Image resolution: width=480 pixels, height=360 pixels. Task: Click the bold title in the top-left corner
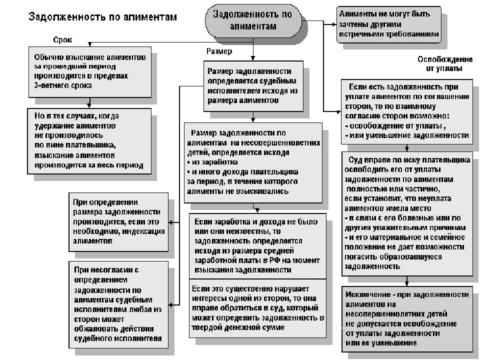pyautogui.click(x=102, y=17)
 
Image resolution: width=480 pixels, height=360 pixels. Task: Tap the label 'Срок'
pyautogui.click(x=62, y=39)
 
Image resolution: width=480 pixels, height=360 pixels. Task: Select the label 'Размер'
pyautogui.click(x=219, y=51)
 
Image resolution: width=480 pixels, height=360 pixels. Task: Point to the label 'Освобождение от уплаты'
pyautogui.click(x=438, y=63)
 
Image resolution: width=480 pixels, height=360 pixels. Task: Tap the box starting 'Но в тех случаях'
pyautogui.click(x=89, y=140)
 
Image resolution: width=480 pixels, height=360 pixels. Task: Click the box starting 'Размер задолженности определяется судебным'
pyautogui.click(x=253, y=86)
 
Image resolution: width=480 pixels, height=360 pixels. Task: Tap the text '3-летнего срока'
pyautogui.click(x=63, y=85)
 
